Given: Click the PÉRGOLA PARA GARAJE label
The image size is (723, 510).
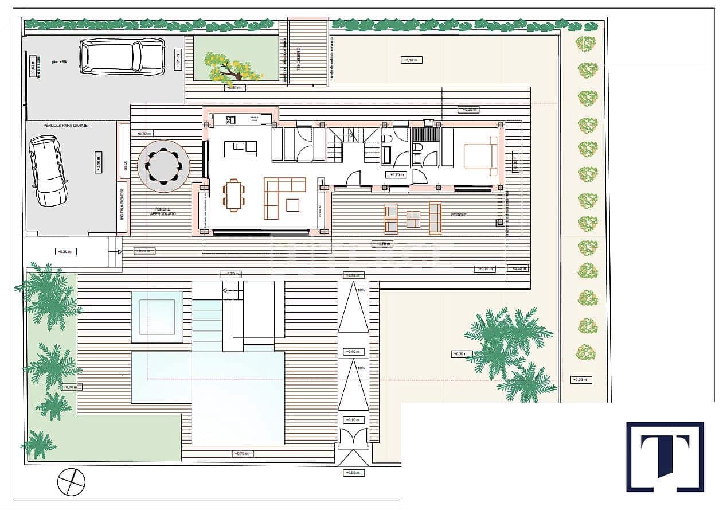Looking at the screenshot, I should (65, 125).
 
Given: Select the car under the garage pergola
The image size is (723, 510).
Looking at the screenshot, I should (47, 170).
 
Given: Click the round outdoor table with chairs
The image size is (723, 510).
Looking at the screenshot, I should (163, 166).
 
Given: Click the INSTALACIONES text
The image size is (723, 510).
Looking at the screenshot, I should (122, 207).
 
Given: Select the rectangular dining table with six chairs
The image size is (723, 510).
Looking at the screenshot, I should (233, 195).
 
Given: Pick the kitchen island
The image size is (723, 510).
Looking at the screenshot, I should (244, 149).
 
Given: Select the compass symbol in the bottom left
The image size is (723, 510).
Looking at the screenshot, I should (71, 481).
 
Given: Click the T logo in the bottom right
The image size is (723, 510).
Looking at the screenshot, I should (665, 457).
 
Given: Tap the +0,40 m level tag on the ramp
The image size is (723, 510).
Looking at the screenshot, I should (352, 351).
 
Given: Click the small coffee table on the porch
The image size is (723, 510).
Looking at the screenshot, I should (413, 219).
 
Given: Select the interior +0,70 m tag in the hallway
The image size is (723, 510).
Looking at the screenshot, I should (396, 175).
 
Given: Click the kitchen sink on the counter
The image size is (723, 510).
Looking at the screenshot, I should (230, 119).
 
